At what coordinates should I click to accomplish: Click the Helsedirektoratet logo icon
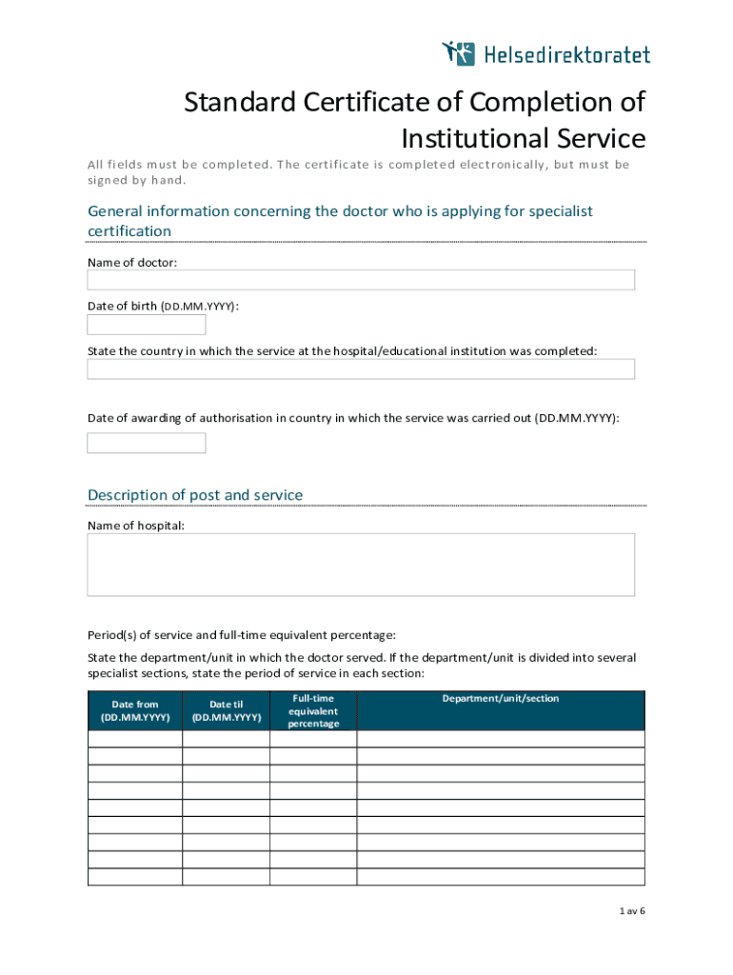tap(458, 53)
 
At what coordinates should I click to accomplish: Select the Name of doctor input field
tap(361, 280)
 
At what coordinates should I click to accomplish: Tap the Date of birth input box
tap(147, 325)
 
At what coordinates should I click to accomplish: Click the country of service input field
tap(361, 369)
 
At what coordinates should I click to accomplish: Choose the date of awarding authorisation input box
tap(147, 443)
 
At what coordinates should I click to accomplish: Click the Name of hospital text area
tap(361, 565)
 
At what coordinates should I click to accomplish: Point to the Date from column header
tap(135, 710)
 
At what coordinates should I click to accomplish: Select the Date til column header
tap(227, 710)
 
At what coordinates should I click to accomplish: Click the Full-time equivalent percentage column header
tap(313, 710)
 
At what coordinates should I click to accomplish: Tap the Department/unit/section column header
tap(501, 699)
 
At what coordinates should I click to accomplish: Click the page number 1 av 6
tap(631, 911)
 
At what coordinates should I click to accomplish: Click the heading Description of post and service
tap(195, 495)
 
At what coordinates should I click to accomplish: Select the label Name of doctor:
tap(132, 262)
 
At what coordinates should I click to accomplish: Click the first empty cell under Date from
tap(135, 739)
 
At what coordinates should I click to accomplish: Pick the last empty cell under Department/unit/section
tap(501, 877)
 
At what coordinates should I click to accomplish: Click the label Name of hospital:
tap(136, 526)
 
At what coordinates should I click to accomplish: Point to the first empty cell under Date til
tap(227, 739)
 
